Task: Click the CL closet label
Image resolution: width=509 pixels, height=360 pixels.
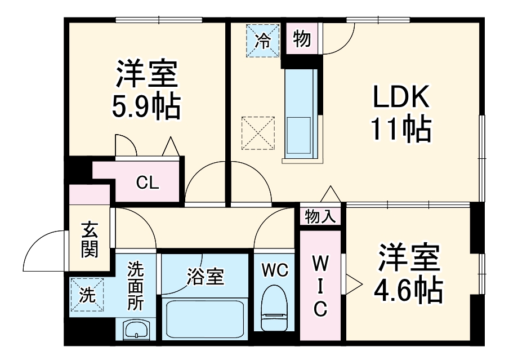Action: (x=148, y=183)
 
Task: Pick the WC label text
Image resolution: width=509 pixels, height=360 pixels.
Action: (x=274, y=271)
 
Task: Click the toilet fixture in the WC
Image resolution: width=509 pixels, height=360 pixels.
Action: (x=274, y=308)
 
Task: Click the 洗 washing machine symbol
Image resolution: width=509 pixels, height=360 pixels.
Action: (x=87, y=294)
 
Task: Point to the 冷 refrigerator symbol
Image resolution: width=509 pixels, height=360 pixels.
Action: (x=262, y=40)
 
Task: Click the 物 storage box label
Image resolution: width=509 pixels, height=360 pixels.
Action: (x=302, y=39)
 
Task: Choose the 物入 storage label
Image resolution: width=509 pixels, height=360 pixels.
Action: (x=320, y=215)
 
